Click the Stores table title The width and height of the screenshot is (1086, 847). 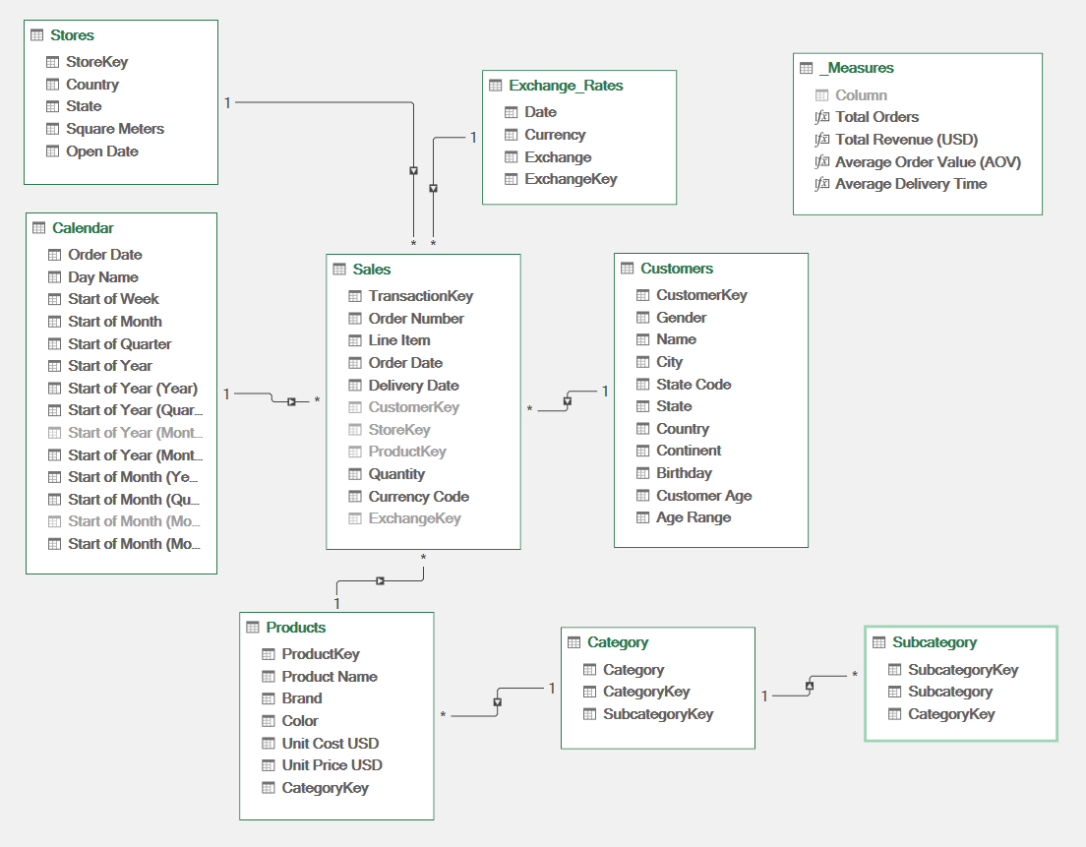point(72,35)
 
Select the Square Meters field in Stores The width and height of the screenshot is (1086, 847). point(114,129)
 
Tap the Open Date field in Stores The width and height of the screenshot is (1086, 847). point(101,151)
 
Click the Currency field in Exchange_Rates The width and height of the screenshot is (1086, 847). point(555,135)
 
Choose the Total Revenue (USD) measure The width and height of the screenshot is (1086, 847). point(906,140)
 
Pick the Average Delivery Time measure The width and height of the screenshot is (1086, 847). point(910,184)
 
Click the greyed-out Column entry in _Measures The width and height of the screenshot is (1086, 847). point(861,95)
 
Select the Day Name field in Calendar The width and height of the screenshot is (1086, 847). point(102,277)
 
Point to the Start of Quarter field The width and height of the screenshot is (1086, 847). point(119,344)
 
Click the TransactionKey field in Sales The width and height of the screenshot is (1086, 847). point(420,296)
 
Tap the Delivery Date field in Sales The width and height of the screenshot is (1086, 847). point(413,386)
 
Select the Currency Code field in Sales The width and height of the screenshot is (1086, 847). point(418,497)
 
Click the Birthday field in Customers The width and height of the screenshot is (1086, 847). point(684,473)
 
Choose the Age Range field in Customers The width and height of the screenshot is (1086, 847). point(694,517)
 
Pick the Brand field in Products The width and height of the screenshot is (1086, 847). point(301,698)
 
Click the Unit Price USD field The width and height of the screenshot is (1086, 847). point(332,765)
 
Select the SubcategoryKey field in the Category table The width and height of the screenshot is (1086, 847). point(657,714)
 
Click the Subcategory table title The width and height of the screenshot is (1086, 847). point(934,642)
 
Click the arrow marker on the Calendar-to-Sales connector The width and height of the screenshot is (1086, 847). point(291,401)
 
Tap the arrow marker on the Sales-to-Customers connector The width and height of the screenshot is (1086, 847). point(567,400)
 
